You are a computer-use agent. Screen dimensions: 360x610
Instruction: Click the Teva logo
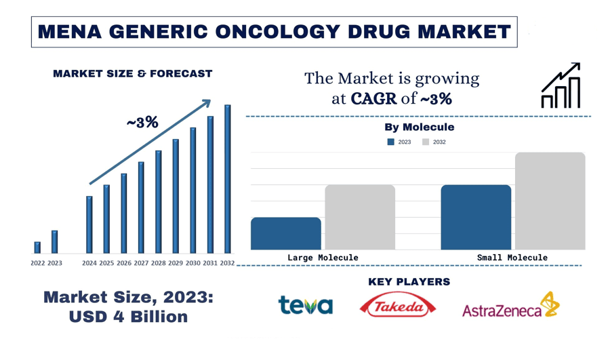305,306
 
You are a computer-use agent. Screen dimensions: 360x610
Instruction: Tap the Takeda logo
398,306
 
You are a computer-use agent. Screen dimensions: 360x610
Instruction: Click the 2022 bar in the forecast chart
37,247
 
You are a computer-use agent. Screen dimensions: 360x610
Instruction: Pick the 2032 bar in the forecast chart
227,180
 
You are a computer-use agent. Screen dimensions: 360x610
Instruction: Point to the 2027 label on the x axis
141,263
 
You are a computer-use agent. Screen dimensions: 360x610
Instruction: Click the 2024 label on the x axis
89,263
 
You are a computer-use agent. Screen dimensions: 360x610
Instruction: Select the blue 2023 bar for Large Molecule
285,233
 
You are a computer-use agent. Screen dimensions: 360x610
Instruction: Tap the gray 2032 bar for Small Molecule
550,201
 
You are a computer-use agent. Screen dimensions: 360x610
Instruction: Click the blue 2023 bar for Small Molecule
476,217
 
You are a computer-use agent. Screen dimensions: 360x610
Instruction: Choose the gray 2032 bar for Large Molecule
360,217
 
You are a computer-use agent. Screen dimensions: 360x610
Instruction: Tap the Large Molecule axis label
323,258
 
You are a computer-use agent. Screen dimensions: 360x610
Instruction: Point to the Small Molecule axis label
512,258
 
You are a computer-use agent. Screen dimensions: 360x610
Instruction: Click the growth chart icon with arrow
561,86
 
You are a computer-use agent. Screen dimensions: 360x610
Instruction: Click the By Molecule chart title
419,127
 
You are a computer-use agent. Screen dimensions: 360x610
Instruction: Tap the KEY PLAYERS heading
409,281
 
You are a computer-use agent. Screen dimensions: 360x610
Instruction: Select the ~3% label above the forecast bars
142,123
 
